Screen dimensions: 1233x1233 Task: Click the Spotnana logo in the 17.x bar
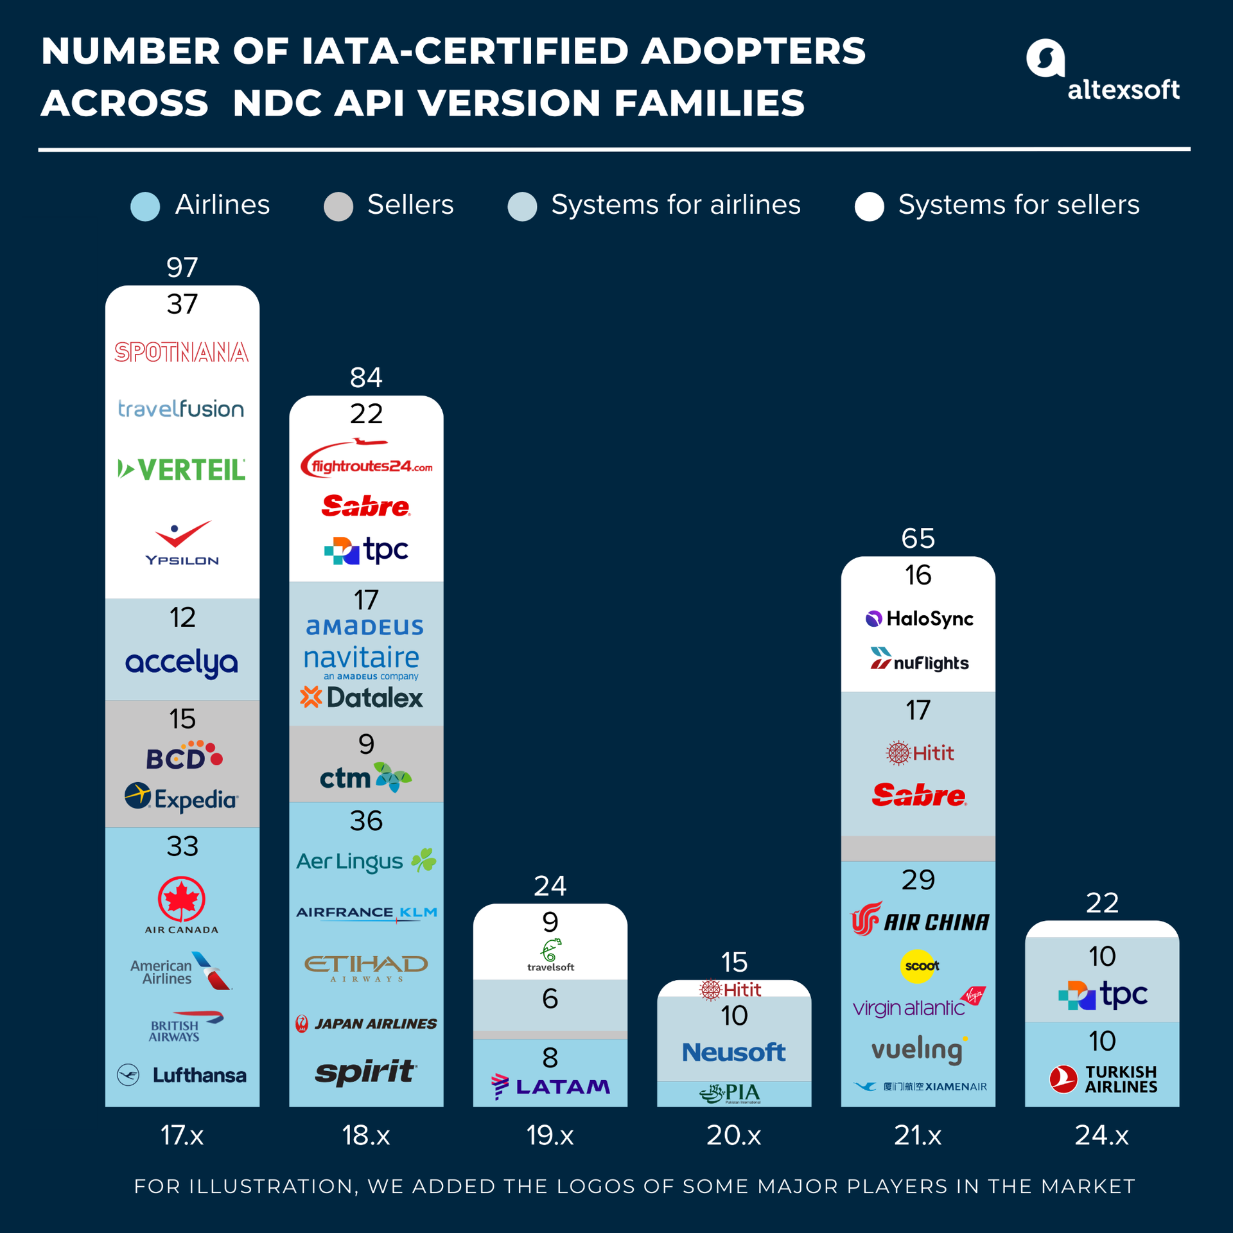click(x=182, y=352)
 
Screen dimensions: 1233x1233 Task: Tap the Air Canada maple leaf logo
click(x=182, y=900)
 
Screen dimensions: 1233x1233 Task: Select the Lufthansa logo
click(x=182, y=1075)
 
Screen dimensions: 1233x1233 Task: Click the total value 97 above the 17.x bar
click(x=182, y=267)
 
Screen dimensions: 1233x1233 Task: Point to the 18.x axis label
click(x=366, y=1135)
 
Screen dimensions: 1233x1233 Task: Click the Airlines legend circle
click(x=145, y=206)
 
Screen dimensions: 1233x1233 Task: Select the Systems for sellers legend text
click(x=1019, y=205)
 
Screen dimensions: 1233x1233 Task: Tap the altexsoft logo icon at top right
click(x=1045, y=58)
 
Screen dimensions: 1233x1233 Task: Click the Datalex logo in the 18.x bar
click(x=362, y=697)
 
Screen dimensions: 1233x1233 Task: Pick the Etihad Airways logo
click(x=366, y=967)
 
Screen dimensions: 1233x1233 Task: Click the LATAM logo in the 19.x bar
click(x=550, y=1087)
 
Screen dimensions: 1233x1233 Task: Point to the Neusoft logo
click(x=733, y=1052)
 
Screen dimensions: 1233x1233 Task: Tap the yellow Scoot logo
click(x=919, y=966)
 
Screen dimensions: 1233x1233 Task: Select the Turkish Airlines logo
click(x=1103, y=1080)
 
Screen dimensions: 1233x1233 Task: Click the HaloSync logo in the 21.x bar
click(x=919, y=618)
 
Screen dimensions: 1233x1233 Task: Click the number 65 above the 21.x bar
click(x=918, y=538)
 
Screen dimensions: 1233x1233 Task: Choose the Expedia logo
click(x=182, y=798)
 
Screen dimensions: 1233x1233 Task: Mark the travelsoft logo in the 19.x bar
click(x=550, y=955)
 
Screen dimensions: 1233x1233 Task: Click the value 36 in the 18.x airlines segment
click(x=366, y=821)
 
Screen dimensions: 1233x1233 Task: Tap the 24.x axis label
click(x=1102, y=1135)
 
